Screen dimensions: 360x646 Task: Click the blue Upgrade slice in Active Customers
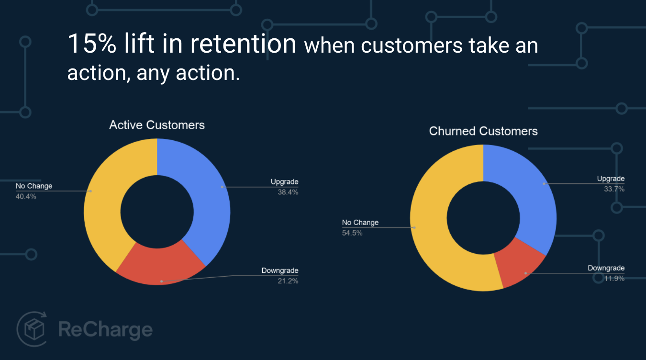click(x=206, y=191)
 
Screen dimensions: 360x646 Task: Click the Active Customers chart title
click(x=157, y=125)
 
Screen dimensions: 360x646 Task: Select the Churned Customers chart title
click(x=483, y=131)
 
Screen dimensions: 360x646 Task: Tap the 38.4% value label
click(x=288, y=192)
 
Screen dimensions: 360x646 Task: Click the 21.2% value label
click(x=288, y=281)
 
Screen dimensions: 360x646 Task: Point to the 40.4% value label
click(x=26, y=196)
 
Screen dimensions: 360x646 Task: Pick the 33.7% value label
click(x=614, y=189)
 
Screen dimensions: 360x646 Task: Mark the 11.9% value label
click(x=614, y=279)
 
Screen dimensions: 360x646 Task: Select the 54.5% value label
click(x=352, y=233)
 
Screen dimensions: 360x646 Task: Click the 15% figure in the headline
click(x=91, y=44)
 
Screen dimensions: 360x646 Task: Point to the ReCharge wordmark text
click(x=105, y=330)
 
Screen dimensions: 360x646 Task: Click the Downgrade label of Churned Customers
click(x=606, y=269)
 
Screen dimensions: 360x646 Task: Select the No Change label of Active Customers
click(x=34, y=186)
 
